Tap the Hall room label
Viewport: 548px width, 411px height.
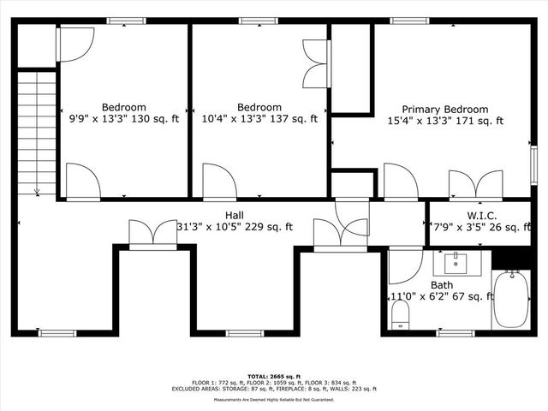(x=235, y=215)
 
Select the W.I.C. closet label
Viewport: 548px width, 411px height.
(x=482, y=215)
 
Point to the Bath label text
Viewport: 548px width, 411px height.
(x=442, y=284)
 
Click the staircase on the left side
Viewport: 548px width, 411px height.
(x=37, y=133)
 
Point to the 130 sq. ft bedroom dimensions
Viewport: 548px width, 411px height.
(x=119, y=120)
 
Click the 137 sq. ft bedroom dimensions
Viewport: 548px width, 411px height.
(x=259, y=120)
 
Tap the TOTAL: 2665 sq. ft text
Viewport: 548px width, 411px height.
(x=274, y=376)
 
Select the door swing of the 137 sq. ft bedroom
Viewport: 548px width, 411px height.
(x=219, y=182)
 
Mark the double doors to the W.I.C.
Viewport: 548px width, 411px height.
(x=476, y=185)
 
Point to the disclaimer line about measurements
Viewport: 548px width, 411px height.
(x=274, y=400)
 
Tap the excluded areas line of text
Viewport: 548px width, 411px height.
(x=274, y=389)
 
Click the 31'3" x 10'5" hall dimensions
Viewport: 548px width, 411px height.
(x=235, y=227)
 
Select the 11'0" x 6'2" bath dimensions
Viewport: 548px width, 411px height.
(x=442, y=296)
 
